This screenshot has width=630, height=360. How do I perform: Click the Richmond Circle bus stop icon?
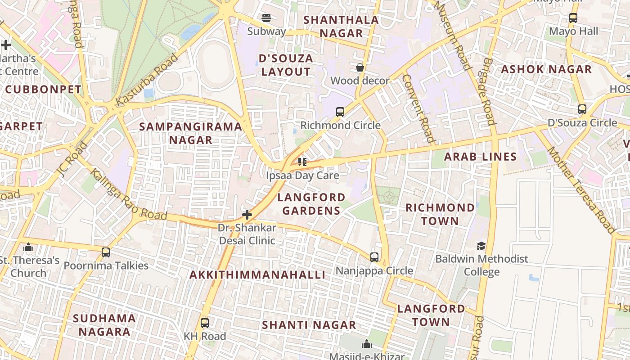[x=340, y=112]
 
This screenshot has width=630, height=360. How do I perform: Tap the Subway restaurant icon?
[x=266, y=18]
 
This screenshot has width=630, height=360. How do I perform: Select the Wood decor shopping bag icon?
[x=360, y=67]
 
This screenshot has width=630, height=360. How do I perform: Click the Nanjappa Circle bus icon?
[x=374, y=257]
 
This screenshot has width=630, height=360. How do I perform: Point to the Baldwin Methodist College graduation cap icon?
[x=481, y=246]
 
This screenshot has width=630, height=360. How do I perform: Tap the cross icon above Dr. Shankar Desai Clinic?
[x=247, y=215]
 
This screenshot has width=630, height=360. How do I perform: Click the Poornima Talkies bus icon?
[x=106, y=252]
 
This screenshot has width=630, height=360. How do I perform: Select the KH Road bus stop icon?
[x=205, y=323]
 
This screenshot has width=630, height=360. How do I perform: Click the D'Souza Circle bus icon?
[x=582, y=109]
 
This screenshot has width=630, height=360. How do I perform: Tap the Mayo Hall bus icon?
[x=573, y=18]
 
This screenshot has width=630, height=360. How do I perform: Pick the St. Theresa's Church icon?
[x=28, y=247]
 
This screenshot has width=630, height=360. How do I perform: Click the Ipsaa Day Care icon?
[x=302, y=162]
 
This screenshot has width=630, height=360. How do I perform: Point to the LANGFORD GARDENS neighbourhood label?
[x=311, y=204]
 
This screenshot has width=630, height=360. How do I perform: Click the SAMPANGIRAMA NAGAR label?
[x=191, y=133]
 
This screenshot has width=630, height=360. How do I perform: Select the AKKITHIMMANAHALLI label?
[x=257, y=275]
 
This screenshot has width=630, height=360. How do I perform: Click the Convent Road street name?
[x=418, y=108]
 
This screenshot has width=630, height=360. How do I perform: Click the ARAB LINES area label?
[x=480, y=157]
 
